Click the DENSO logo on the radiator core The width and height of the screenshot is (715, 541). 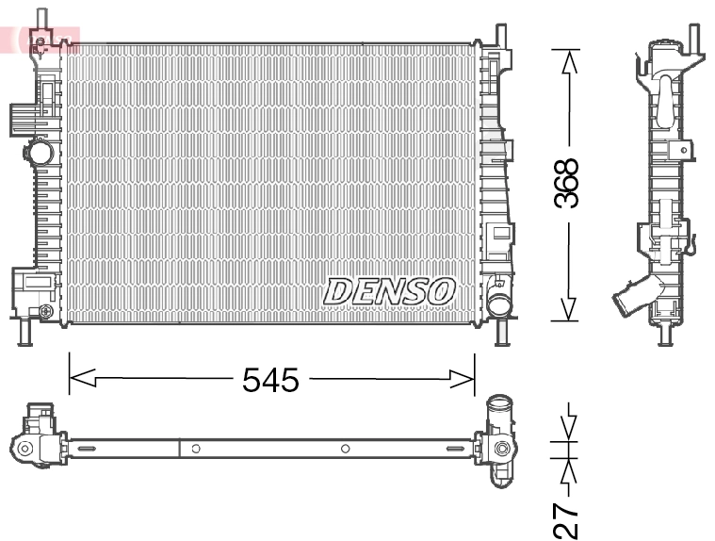389,290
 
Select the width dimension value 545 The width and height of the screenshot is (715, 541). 270,380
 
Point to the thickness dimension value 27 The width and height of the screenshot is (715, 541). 566,518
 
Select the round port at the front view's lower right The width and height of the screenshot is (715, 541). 498,304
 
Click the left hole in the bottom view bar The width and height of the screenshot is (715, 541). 195,449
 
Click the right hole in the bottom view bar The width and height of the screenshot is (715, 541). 346,449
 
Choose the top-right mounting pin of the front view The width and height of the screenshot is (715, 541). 502,34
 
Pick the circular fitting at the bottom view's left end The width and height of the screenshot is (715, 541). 26,449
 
